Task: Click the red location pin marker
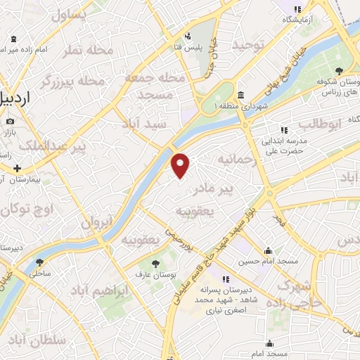pyautogui.click(x=181, y=165)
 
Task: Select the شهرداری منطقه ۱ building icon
pyautogui.click(x=240, y=95)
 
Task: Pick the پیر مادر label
pyautogui.click(x=232, y=188)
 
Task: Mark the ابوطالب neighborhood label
pyautogui.click(x=320, y=124)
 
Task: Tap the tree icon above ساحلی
pyautogui.click(x=39, y=262)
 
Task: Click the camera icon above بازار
pyautogui.click(x=11, y=120)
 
